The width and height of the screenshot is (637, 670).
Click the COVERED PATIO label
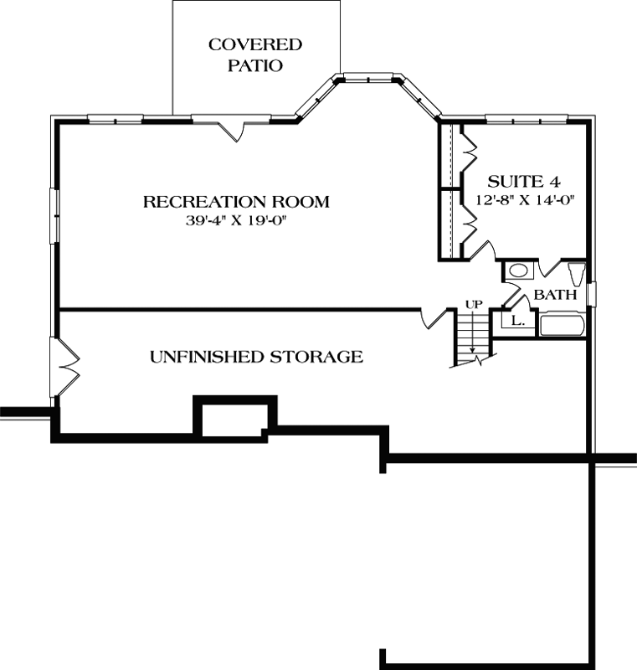coord(255,54)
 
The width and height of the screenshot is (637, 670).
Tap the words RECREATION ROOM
coord(235,202)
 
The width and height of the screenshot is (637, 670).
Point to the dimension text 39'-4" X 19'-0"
coord(235,221)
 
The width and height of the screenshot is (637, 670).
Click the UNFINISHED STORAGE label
coord(256,357)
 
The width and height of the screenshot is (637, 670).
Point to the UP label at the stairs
coord(474,303)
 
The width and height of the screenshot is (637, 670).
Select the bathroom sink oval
coord(519,271)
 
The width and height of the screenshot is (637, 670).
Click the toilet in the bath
coord(577,274)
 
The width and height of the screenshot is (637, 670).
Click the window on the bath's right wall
coord(591,295)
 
